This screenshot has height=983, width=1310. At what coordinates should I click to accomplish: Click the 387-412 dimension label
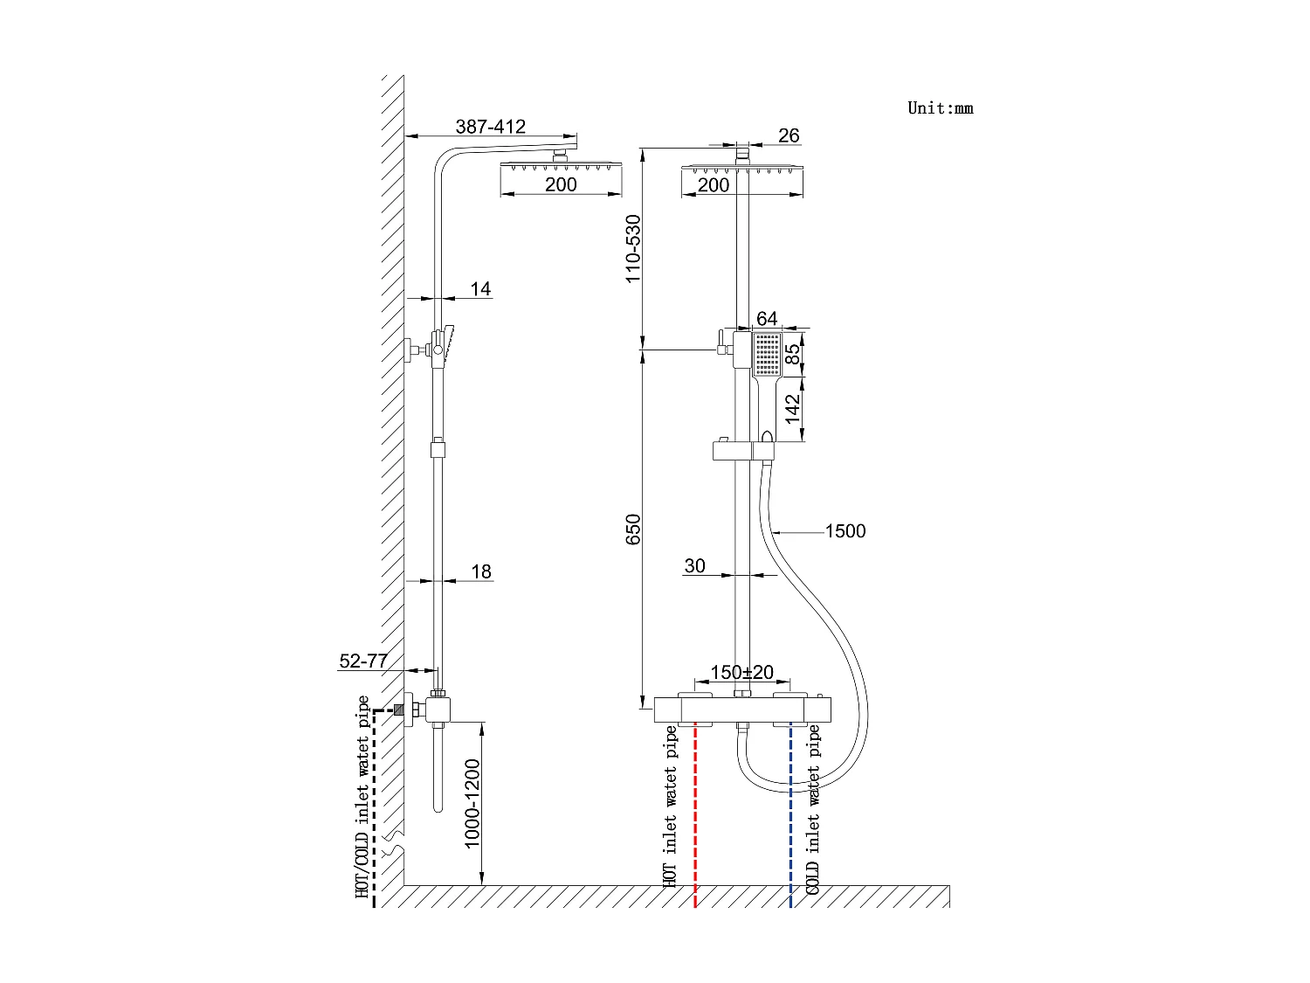click(491, 127)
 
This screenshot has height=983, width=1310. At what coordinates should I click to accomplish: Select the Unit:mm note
click(941, 108)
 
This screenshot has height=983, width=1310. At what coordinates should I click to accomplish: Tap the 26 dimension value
click(789, 135)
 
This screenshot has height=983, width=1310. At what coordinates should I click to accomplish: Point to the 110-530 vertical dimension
click(634, 247)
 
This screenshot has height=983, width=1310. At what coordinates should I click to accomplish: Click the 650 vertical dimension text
click(634, 530)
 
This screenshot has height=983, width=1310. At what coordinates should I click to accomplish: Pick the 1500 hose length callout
click(845, 531)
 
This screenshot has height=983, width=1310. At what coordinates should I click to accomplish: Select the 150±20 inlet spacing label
click(741, 673)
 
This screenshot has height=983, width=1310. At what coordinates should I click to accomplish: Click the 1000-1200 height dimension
click(472, 803)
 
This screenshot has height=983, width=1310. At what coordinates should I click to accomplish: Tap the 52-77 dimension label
click(362, 661)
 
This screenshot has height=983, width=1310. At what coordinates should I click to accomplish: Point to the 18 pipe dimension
click(481, 571)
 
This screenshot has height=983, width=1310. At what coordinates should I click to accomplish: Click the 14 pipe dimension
click(480, 288)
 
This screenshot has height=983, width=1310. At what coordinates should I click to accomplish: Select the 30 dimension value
click(694, 566)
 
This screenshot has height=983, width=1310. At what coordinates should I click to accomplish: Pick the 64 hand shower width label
click(767, 319)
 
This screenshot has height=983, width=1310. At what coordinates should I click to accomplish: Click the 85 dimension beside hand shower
click(792, 353)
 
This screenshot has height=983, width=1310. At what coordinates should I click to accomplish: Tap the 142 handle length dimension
click(792, 409)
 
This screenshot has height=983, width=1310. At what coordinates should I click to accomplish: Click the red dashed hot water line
click(695, 813)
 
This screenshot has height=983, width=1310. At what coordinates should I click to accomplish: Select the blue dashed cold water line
click(791, 813)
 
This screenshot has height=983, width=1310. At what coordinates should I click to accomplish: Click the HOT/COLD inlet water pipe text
click(362, 797)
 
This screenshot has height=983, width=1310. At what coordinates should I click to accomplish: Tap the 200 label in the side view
click(561, 184)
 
